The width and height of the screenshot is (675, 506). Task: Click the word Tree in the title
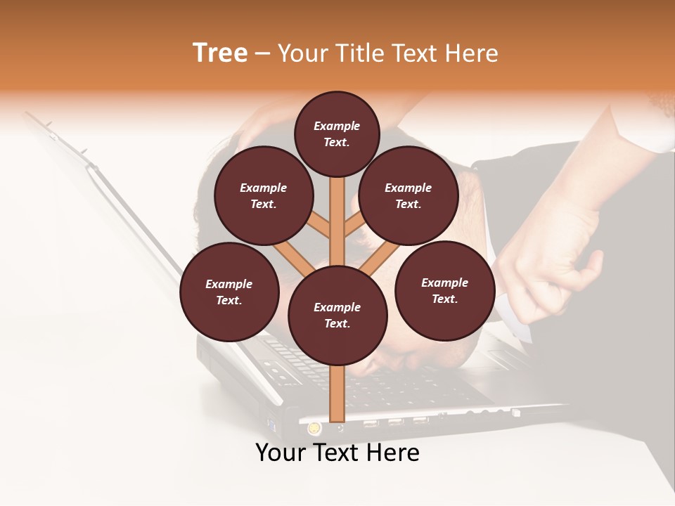pyautogui.click(x=219, y=53)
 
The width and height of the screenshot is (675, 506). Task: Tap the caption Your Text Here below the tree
pyautogui.click(x=337, y=453)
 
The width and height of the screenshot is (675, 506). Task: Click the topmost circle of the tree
pyautogui.click(x=337, y=134)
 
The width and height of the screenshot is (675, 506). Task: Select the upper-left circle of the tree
pyautogui.click(x=263, y=195)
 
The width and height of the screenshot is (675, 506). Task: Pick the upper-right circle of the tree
pyautogui.click(x=408, y=195)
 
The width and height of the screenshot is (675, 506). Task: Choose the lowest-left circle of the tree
pyautogui.click(x=229, y=292)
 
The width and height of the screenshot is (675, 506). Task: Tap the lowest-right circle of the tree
pyautogui.click(x=444, y=290)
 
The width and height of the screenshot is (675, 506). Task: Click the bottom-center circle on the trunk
pyautogui.click(x=337, y=315)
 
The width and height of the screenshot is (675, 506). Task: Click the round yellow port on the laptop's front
pyautogui.click(x=314, y=427)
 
